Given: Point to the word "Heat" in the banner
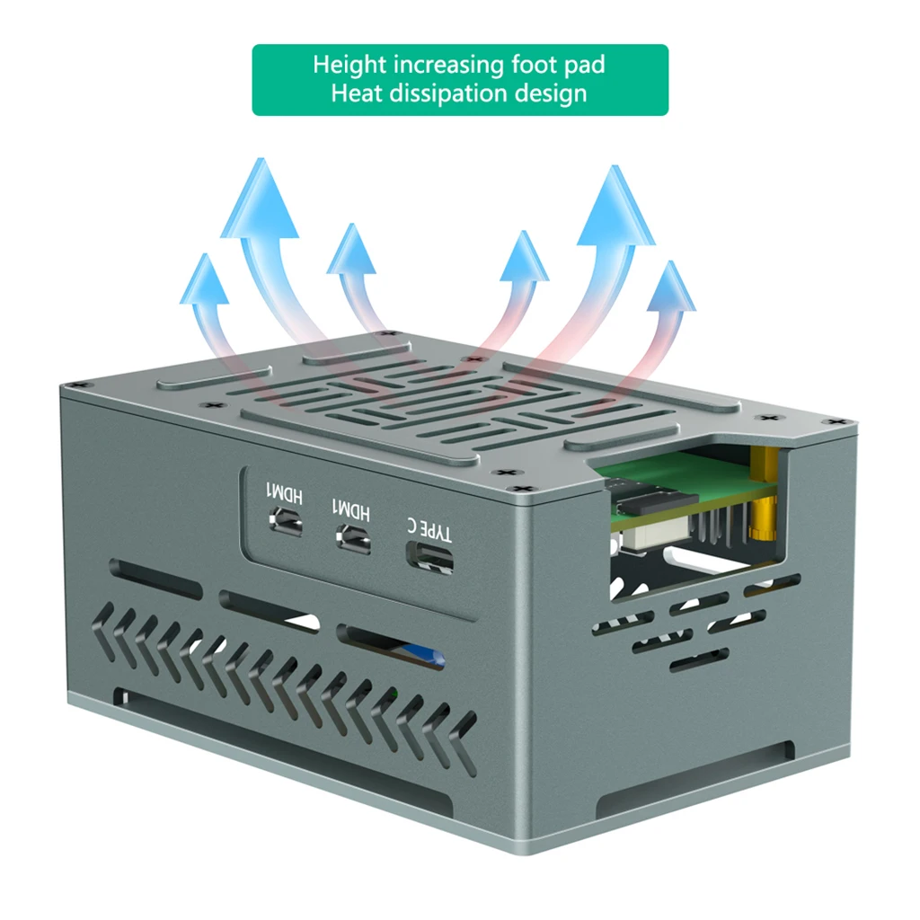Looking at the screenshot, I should click(357, 93).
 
